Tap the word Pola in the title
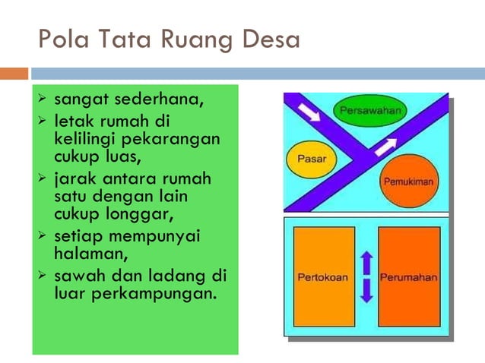coord(61,39)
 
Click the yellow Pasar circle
coord(311,159)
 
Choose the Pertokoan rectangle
coord(322,276)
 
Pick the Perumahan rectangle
coord(408,276)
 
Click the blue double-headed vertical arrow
coord(366,276)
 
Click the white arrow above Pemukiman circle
coord(386,145)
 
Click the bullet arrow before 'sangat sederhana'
coord(43,99)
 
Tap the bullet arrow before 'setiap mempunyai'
coord(43,235)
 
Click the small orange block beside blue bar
coord(14,74)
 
